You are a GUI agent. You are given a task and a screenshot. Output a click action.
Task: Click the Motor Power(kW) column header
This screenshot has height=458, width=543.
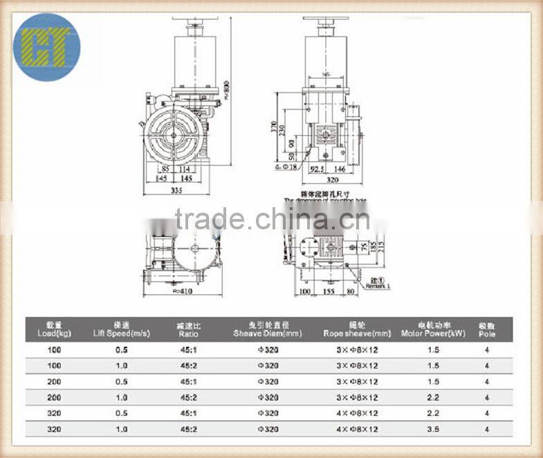pos(433,328)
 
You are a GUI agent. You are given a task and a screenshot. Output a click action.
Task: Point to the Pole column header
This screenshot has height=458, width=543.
pos(487,328)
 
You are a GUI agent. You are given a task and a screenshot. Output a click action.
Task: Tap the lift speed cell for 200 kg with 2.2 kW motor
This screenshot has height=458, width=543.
pos(121,397)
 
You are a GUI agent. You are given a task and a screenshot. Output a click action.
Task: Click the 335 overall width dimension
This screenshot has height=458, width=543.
pos(179,191)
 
